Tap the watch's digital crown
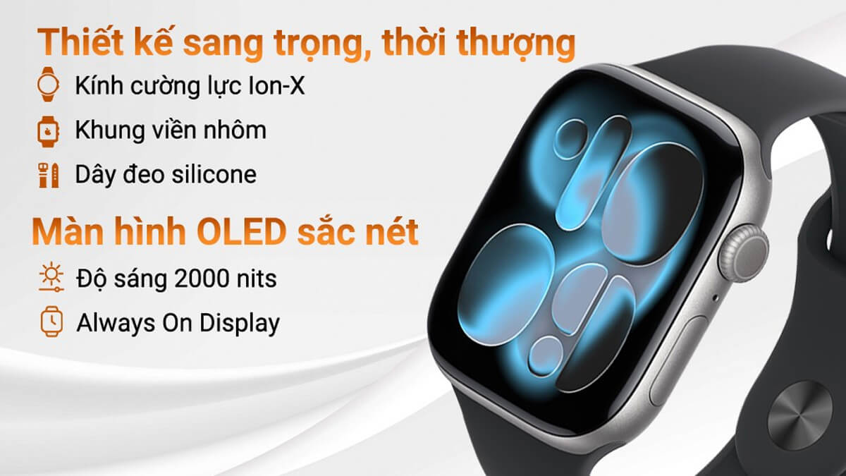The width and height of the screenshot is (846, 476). tap(744, 254)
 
